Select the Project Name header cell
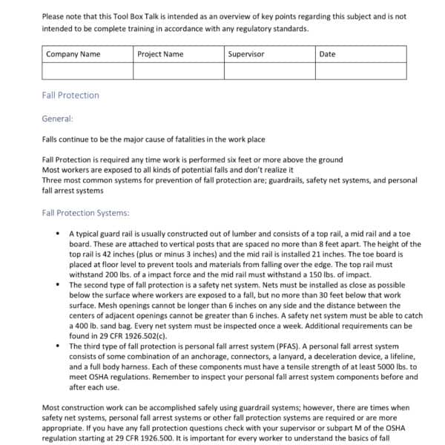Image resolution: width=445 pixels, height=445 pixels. click(x=178, y=54)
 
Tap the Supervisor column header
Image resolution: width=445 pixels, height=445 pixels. click(x=269, y=54)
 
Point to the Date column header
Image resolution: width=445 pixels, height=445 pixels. click(x=360, y=54)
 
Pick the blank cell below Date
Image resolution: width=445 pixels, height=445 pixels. click(x=360, y=70)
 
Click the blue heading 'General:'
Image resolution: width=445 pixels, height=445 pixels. click(x=58, y=117)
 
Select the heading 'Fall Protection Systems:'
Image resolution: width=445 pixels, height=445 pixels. click(x=86, y=213)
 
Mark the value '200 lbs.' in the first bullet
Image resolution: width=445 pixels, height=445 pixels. click(x=111, y=274)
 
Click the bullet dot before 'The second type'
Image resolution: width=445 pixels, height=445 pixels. click(x=59, y=284)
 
